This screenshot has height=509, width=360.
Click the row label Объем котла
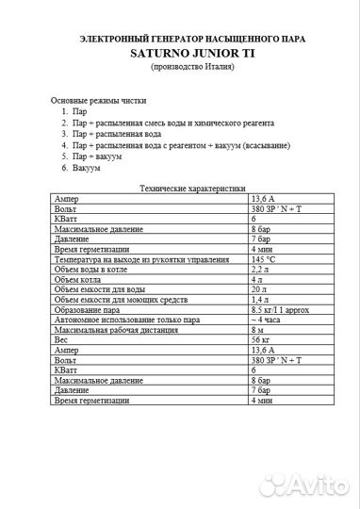click(x=78, y=279)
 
